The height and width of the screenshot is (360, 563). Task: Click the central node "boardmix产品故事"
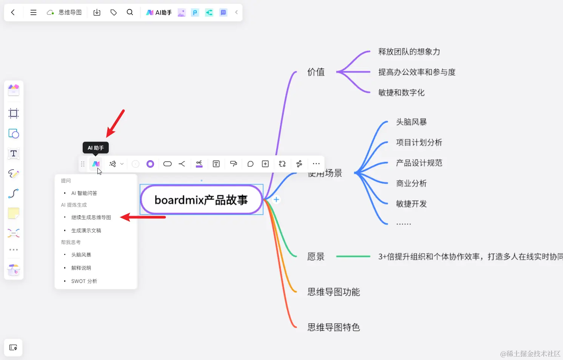pyautogui.click(x=201, y=199)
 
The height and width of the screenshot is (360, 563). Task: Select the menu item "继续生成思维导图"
pyautogui.click(x=91, y=217)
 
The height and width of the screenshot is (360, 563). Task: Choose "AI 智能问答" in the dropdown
pyautogui.click(x=84, y=193)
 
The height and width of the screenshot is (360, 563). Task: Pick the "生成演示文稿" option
pyautogui.click(x=86, y=230)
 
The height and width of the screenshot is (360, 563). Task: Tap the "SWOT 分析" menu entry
pyautogui.click(x=84, y=281)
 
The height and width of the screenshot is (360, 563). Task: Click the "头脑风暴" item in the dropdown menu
pyautogui.click(x=81, y=255)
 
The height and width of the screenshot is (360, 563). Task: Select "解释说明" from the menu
pyautogui.click(x=81, y=268)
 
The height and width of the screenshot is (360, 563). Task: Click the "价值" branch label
pyautogui.click(x=316, y=72)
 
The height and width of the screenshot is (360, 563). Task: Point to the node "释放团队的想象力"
pyautogui.click(x=409, y=52)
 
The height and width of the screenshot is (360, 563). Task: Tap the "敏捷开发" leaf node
pyautogui.click(x=411, y=204)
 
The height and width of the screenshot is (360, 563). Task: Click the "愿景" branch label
pyautogui.click(x=316, y=257)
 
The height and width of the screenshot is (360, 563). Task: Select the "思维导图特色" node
pyautogui.click(x=333, y=327)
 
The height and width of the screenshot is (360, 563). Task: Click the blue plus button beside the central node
pyautogui.click(x=276, y=199)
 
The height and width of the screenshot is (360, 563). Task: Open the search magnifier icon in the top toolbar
pyautogui.click(x=130, y=12)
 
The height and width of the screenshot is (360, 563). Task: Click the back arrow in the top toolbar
pyautogui.click(x=13, y=12)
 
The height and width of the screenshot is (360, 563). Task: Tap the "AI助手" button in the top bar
pyautogui.click(x=159, y=12)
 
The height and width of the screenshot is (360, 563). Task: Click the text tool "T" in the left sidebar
pyautogui.click(x=14, y=153)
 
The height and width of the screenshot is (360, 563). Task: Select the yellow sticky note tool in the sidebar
pyautogui.click(x=14, y=213)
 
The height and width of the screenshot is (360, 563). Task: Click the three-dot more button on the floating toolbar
pyautogui.click(x=316, y=164)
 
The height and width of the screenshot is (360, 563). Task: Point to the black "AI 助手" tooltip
pyautogui.click(x=96, y=148)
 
